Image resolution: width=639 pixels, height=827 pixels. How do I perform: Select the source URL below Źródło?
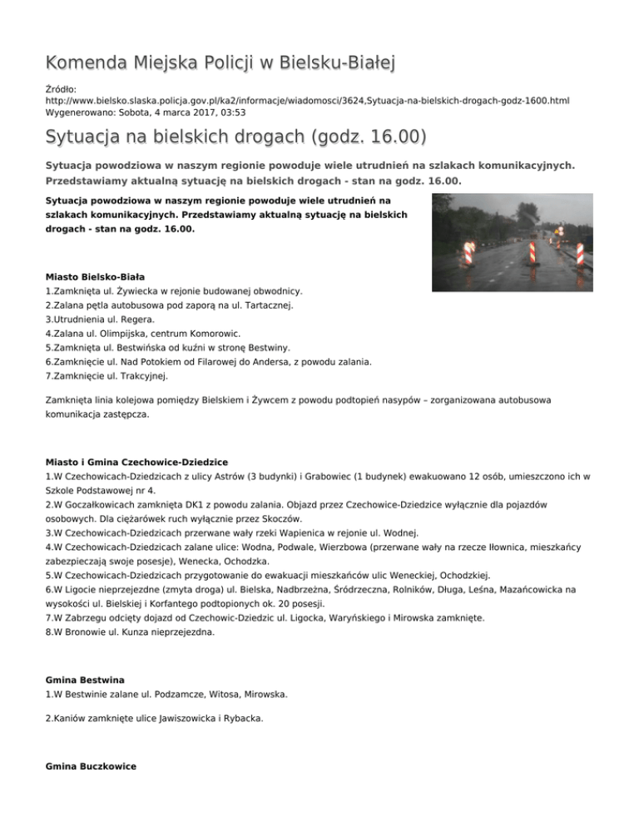(x=308, y=100)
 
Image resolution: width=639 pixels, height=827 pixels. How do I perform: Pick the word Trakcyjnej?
(x=142, y=376)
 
